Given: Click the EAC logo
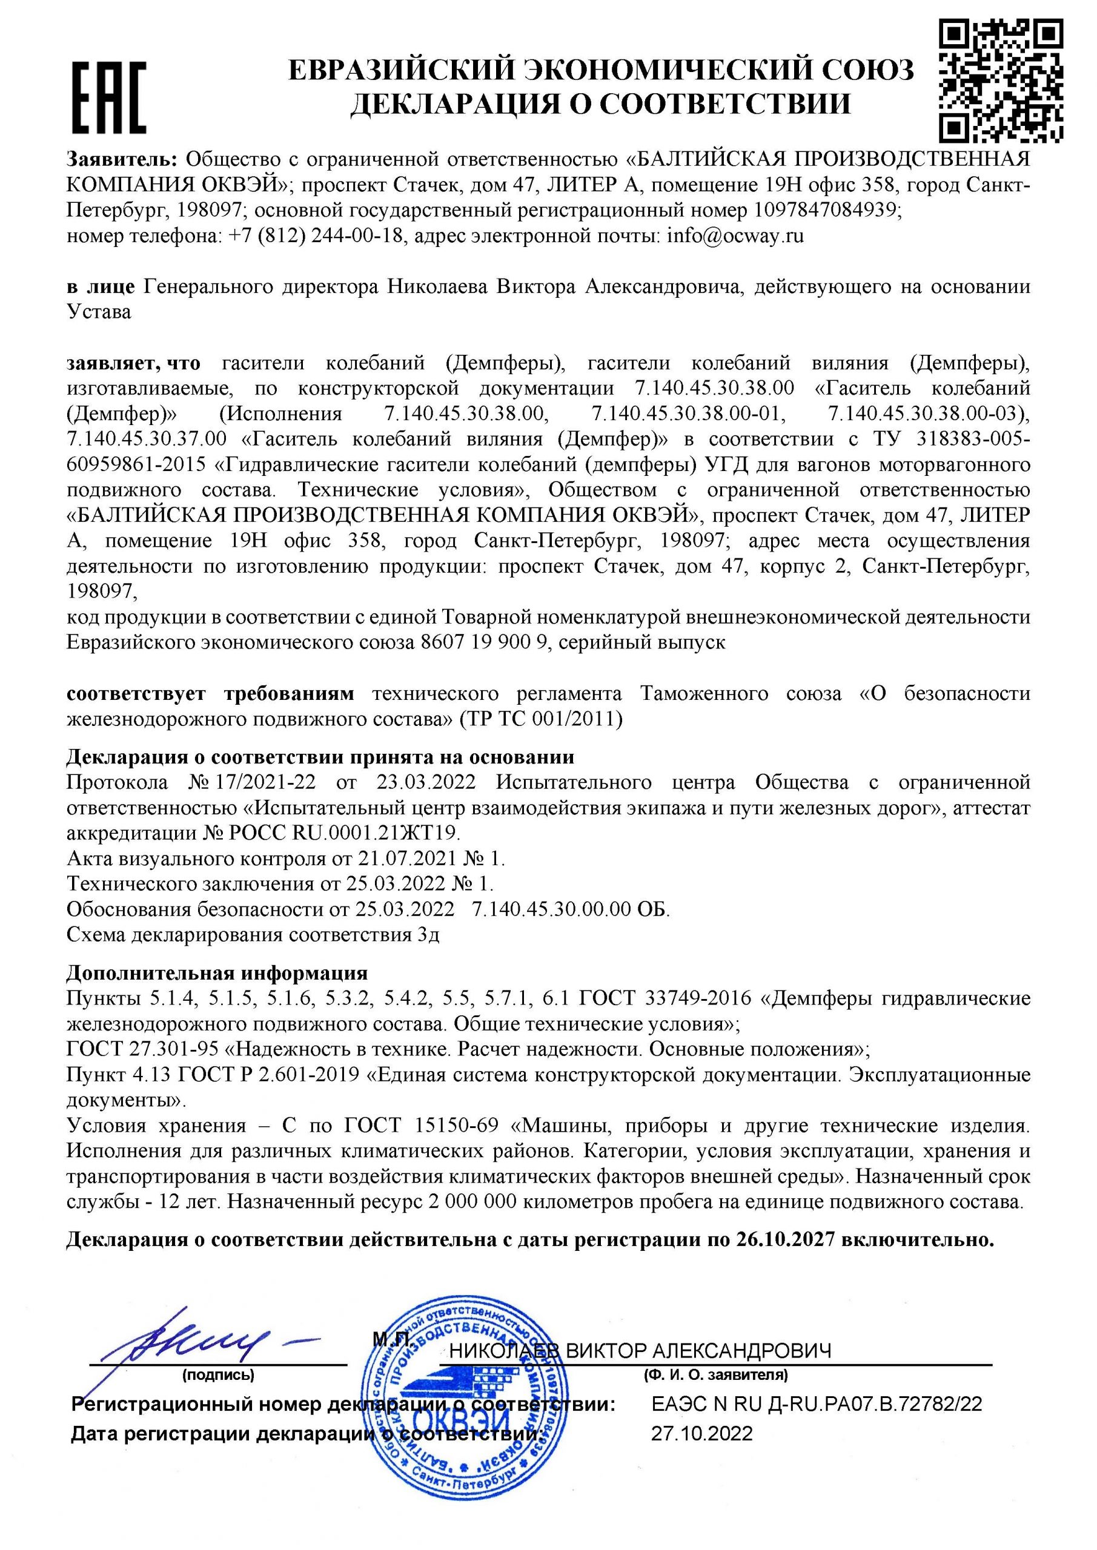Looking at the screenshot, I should pos(110,97).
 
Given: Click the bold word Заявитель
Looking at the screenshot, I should pos(122,159).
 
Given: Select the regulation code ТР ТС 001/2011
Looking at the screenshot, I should pos(540,719).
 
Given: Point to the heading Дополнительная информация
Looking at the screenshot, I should pos(217,973).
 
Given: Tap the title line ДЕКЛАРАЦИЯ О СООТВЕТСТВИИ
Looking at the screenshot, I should pos(600,104).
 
